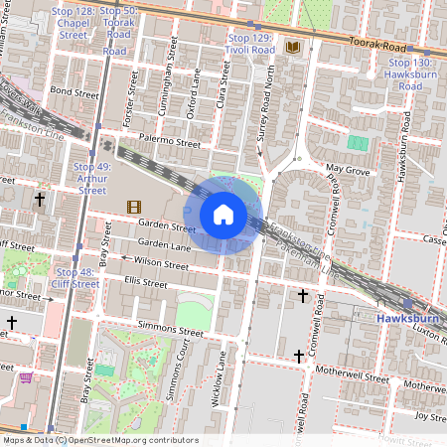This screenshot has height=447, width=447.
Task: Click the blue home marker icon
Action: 223,214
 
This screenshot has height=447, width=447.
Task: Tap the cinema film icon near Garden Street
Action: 132,206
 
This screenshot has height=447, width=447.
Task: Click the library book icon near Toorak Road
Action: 292,47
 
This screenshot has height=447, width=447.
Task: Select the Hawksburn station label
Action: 407,318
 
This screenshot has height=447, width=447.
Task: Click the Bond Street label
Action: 75,91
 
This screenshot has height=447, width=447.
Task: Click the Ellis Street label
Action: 145,283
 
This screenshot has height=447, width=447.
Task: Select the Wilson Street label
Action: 161,265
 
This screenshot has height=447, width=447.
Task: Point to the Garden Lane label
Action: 164,243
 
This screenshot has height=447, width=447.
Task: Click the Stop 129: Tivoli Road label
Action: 248,43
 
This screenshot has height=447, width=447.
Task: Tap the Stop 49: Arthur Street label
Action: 91,178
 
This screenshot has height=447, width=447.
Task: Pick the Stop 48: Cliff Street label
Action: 77,277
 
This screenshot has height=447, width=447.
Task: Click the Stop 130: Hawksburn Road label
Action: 410,74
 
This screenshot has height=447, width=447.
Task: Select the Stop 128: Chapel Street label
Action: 74,21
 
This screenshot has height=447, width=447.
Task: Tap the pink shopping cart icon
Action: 25,377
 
